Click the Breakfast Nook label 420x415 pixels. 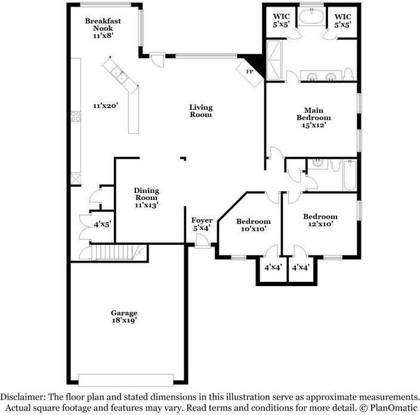(103, 28)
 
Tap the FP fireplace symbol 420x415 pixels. (250, 70)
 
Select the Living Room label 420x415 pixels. (201, 111)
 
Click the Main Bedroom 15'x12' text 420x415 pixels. (314, 118)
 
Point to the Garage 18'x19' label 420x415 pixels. (124, 317)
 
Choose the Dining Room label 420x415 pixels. (146, 198)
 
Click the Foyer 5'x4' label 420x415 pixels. (201, 224)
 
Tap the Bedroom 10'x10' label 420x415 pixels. (253, 225)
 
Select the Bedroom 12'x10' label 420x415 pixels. (320, 220)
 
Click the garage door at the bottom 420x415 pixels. (126, 380)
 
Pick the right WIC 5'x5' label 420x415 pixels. (343, 20)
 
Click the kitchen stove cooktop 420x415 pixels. (76, 116)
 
